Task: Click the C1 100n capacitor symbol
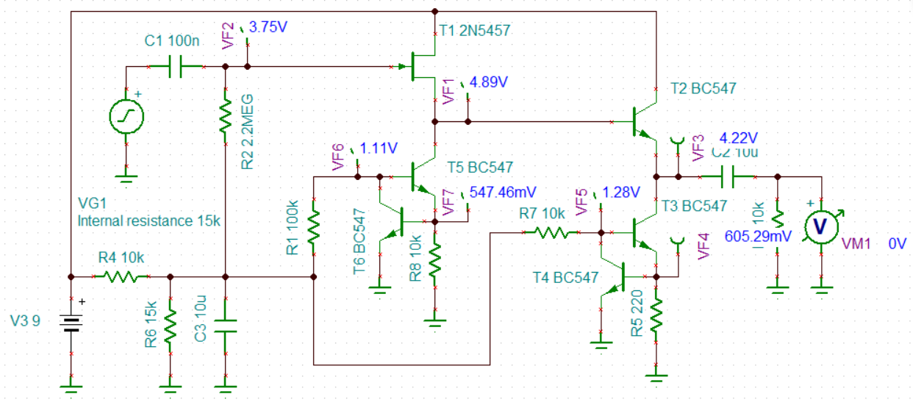176,67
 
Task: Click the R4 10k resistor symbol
121,277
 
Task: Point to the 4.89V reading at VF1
488,82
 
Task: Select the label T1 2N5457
474,30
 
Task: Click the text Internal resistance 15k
149,220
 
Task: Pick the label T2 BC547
703,89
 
